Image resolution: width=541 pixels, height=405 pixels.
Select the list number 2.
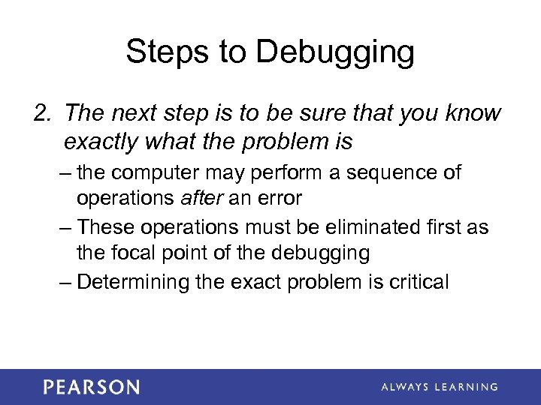click(x=41, y=114)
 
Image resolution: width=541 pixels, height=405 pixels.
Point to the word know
click(x=471, y=114)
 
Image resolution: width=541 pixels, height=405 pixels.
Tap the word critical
click(x=417, y=282)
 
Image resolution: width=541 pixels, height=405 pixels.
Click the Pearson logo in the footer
click(x=91, y=387)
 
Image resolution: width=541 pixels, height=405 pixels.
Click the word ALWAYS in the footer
click(x=405, y=388)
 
